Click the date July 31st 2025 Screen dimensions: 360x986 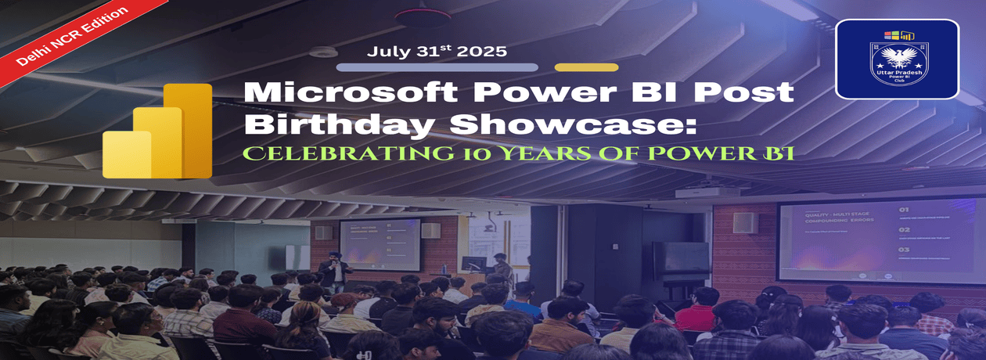pos(437,52)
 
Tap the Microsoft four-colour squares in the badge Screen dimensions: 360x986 pos(891,35)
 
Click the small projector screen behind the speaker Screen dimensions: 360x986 pos(379,243)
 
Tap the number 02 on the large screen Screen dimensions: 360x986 pos(903,230)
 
